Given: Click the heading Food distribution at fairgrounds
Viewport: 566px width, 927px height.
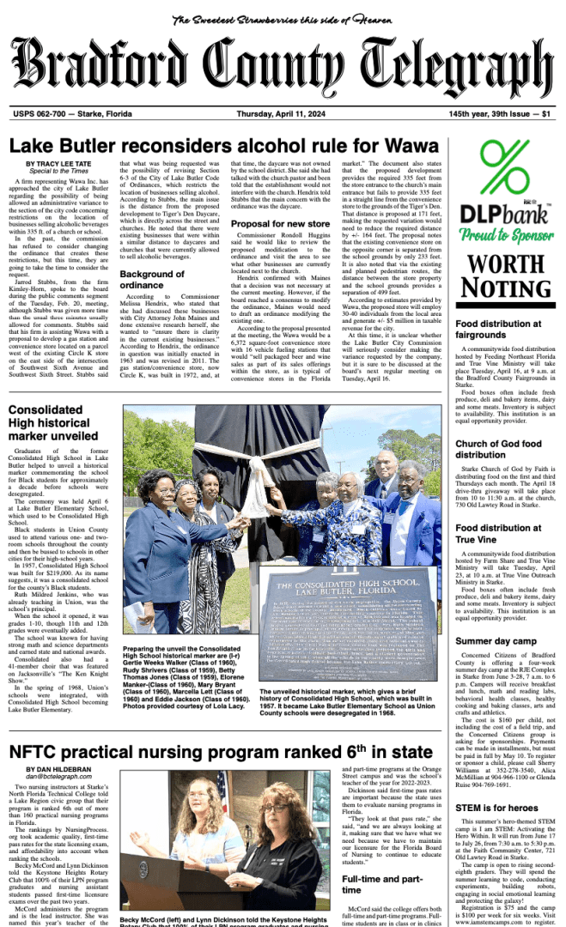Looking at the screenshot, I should point(498,329).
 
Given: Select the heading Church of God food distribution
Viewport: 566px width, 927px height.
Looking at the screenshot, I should point(498,449).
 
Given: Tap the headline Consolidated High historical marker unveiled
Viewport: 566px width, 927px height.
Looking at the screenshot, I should point(53,422).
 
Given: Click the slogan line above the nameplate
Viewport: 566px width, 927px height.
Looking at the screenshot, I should point(283,20).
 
